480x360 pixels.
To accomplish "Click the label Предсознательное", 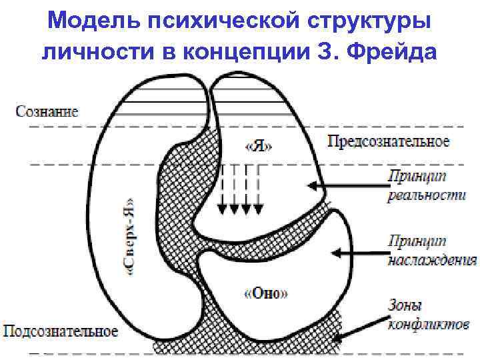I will [x=389, y=141].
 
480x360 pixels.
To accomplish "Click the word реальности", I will [x=425, y=195].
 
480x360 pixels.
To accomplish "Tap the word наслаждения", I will [x=432, y=260].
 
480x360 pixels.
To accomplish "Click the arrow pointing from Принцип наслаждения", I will [x=360, y=253].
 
